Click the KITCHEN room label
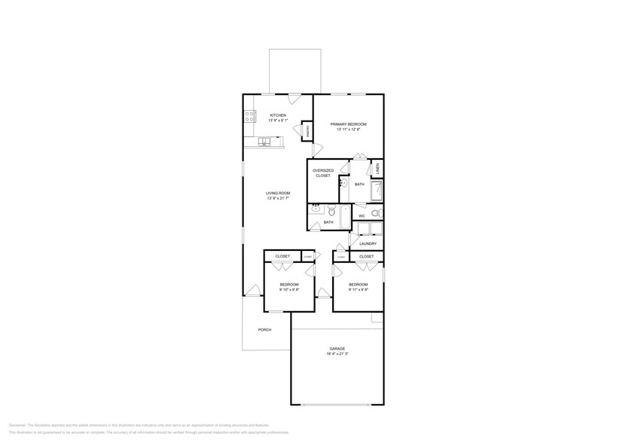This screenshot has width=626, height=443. point(278,115)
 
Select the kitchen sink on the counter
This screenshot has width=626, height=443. point(266,141)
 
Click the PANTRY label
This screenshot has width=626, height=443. point(307,131)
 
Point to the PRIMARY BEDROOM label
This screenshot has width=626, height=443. point(348,124)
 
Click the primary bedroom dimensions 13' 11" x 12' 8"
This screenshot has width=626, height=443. point(348,129)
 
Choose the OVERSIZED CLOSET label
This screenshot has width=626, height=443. point(323,173)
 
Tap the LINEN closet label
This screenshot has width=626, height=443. point(377,168)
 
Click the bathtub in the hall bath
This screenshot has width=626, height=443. point(344,218)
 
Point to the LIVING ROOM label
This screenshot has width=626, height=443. point(278,193)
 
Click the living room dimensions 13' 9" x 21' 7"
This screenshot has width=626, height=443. point(278,199)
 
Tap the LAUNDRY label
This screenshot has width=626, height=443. point(368,243)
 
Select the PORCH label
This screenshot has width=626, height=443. point(264,329)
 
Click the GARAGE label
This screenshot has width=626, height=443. point(337,348)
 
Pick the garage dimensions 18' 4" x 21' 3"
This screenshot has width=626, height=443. point(337,353)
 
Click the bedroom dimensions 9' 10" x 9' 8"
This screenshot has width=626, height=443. point(289,289)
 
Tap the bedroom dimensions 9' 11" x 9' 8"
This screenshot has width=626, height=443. point(359,289)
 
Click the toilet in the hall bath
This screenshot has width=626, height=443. point(330,212)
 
